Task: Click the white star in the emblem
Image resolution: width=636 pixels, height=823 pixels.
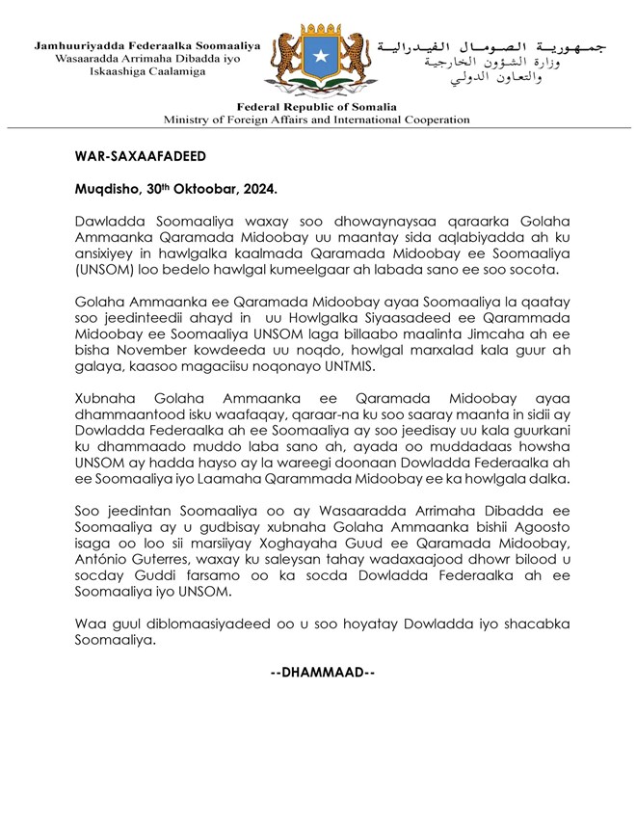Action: click(317, 59)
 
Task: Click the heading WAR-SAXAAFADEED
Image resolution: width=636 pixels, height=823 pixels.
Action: click(139, 155)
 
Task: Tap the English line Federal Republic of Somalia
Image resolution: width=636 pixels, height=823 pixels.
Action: click(317, 107)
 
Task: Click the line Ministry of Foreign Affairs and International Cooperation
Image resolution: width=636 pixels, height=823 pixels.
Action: click(317, 120)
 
